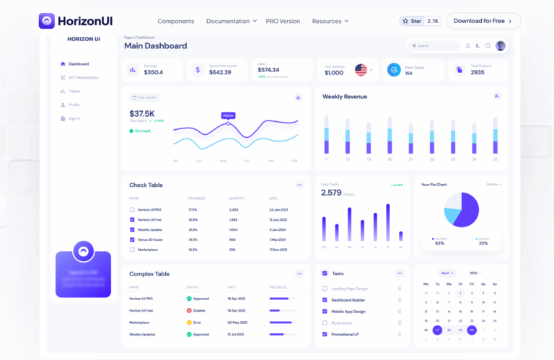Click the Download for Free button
483,21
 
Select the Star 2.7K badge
420,21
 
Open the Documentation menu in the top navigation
231,21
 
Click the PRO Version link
283,21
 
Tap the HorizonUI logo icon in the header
47,21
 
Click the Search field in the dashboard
434,45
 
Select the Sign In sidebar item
74,118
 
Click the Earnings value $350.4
153,72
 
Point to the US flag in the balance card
361,70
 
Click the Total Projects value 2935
478,72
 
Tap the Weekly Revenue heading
344,97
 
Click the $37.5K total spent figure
141,113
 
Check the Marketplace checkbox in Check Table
132,250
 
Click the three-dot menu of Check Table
299,185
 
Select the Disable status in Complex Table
198,309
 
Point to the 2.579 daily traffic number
331,193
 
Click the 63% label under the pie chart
439,243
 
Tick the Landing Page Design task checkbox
325,289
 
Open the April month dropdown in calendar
447,273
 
